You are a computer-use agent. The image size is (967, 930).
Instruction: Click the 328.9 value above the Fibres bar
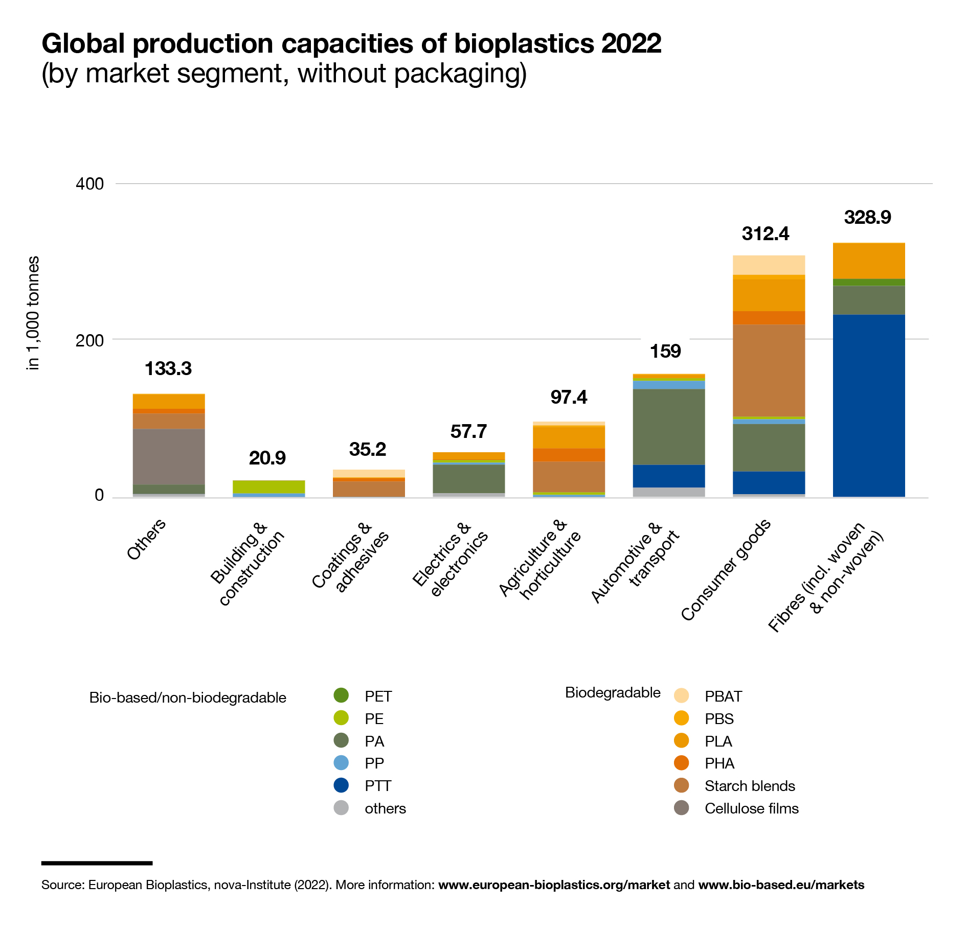click(867, 218)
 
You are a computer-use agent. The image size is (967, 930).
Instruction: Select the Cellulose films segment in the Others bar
click(169, 456)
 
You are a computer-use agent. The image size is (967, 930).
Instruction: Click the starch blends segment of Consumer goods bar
click(769, 370)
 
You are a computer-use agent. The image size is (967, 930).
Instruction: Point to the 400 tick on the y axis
click(89, 184)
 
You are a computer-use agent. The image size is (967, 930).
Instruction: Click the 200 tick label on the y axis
click(89, 340)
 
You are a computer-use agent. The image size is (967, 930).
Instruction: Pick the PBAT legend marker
click(682, 696)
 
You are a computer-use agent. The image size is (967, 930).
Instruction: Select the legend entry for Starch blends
click(749, 786)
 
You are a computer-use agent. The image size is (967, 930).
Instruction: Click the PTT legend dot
click(341, 785)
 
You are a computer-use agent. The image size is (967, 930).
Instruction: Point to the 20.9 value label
click(267, 458)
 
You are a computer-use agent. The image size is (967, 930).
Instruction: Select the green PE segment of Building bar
click(269, 486)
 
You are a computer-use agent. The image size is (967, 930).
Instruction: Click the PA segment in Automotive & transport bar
click(669, 427)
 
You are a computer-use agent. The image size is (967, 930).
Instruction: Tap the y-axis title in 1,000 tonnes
click(33, 313)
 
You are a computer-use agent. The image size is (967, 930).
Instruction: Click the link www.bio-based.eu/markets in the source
click(781, 885)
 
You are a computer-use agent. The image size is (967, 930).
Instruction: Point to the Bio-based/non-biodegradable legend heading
click(188, 698)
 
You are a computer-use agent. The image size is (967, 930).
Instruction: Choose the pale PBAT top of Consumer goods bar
click(769, 265)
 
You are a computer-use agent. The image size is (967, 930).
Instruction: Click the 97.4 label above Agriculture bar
click(569, 398)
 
